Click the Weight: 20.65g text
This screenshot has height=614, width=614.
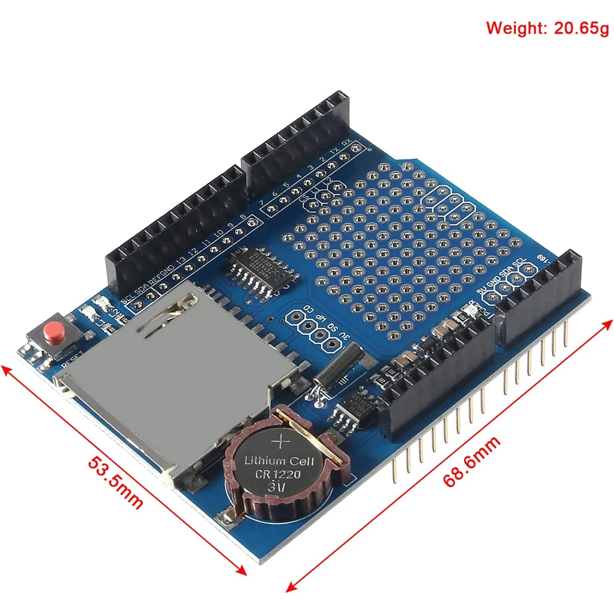pos(547,28)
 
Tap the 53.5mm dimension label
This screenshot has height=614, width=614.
pos(116,483)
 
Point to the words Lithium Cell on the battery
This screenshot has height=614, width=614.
pos(279,461)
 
